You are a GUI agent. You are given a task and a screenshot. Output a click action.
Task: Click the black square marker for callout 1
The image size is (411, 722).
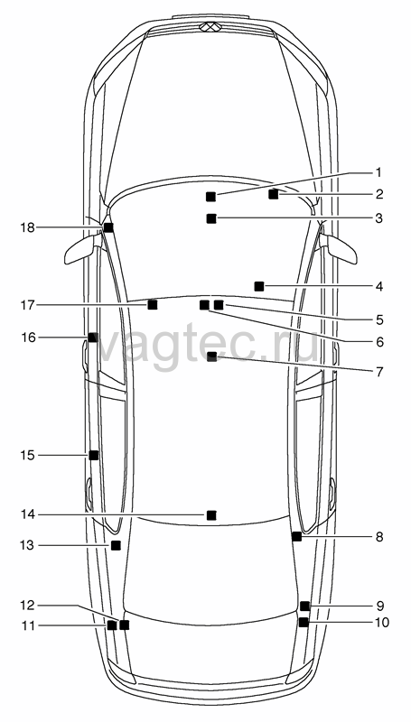coord(210,197)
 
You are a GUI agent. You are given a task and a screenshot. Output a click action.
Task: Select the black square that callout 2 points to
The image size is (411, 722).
coord(273,194)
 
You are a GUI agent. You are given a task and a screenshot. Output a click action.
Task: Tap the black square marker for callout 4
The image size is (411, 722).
coord(259,286)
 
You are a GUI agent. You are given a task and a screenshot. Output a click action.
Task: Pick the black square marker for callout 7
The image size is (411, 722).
coord(212,356)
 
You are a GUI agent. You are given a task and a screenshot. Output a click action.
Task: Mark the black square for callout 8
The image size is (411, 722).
coord(296,536)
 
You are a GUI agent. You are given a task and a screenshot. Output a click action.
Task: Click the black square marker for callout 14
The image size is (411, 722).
coord(211,515)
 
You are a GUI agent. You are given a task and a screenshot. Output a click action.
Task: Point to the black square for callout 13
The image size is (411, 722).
coord(116,545)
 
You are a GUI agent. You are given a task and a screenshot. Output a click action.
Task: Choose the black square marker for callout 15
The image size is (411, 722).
coord(94,455)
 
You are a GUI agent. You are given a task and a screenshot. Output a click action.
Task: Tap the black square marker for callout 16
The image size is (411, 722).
coord(93,338)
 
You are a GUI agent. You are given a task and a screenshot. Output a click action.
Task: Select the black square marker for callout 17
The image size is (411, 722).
coord(152,304)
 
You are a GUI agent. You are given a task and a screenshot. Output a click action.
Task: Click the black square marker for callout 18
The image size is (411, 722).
coord(108,227)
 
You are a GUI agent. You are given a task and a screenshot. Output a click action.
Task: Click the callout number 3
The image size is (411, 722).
coord(378,218)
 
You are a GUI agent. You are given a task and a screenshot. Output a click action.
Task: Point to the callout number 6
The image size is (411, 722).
coord(379,342)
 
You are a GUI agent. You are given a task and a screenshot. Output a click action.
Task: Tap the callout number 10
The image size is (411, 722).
coord(380,622)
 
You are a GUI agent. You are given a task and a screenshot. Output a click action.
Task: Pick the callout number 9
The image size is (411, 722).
coord(379,605)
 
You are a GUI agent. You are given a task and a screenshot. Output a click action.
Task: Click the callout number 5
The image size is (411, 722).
coord(379,319)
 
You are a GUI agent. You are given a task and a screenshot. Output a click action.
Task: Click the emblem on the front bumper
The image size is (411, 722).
coord(209,27)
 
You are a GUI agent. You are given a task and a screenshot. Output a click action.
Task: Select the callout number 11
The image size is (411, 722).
coord(28,625)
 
